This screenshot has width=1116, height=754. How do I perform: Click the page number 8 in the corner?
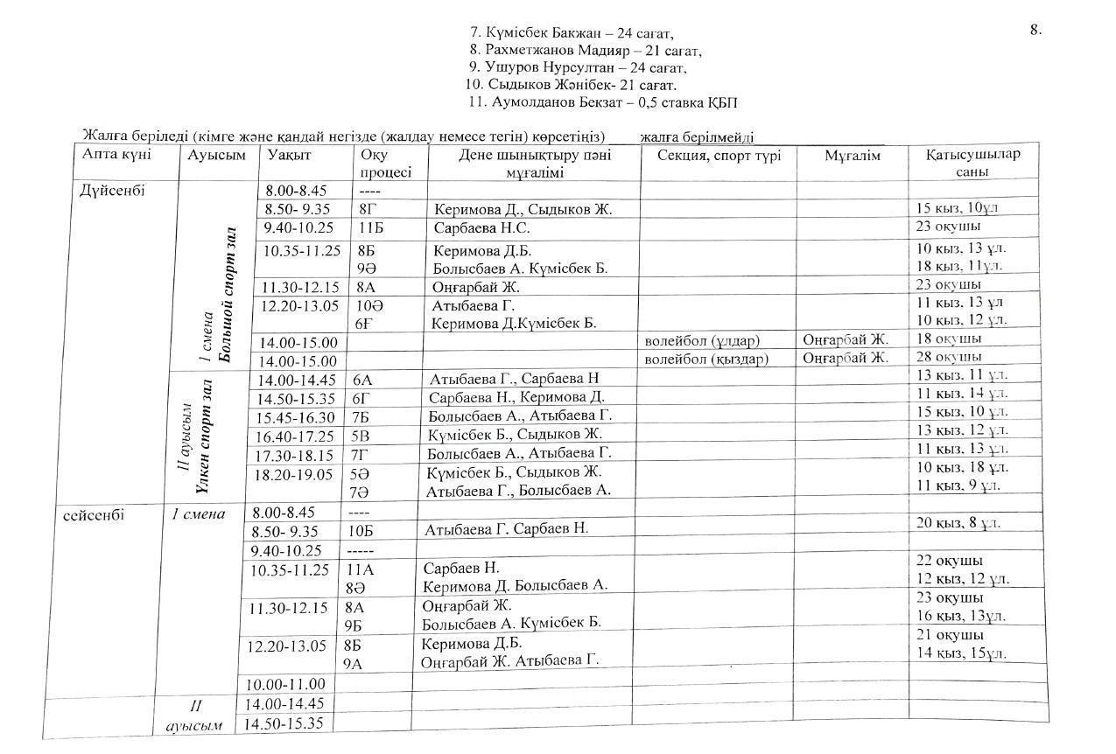click(x=1035, y=30)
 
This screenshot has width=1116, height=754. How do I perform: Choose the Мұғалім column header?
click(x=852, y=156)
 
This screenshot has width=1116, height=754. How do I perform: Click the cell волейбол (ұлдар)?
click(x=702, y=339)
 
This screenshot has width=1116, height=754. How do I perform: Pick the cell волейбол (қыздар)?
click(x=705, y=359)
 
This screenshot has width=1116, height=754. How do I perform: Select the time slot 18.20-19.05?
click(x=295, y=474)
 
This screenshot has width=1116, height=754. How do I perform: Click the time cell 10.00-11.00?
click(x=284, y=684)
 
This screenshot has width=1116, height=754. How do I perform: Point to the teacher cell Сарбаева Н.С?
click(x=481, y=228)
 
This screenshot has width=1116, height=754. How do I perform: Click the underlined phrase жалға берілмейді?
click(x=696, y=137)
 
